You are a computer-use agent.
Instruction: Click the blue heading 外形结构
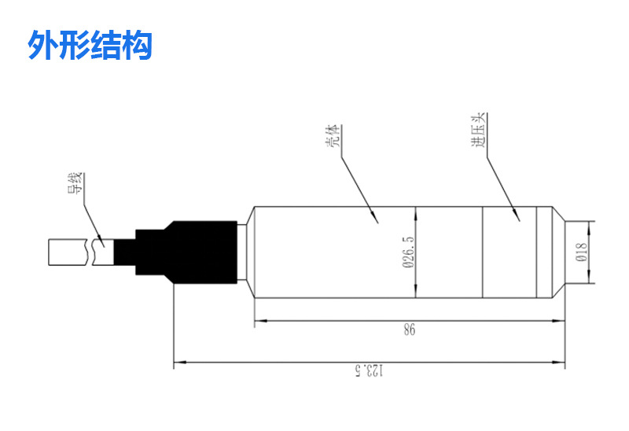[x=89, y=46]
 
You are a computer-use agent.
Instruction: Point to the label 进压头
[x=477, y=136]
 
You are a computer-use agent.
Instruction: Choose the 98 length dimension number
[x=409, y=331]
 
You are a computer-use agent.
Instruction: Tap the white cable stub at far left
[x=69, y=252]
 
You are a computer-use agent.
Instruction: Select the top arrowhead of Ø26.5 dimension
[x=415, y=211]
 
